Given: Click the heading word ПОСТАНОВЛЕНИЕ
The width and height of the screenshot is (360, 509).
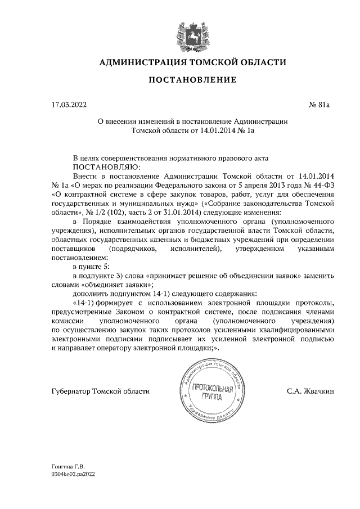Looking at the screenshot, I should pyautogui.click(x=192, y=80).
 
